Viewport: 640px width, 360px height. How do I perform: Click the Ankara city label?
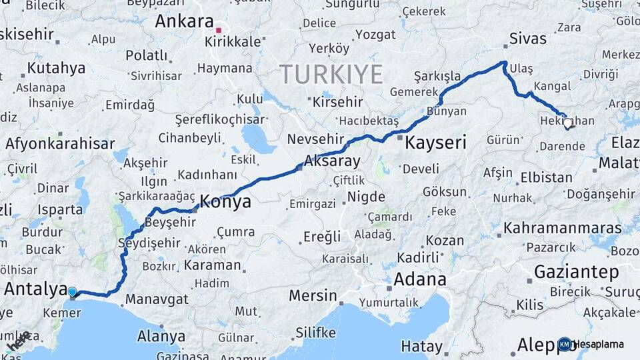click(184, 21)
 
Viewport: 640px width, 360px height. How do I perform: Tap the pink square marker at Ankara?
click(218, 30)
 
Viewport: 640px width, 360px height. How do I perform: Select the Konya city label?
click(226, 201)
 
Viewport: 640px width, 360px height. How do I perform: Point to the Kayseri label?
click(435, 142)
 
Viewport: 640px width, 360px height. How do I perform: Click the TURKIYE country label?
click(331, 73)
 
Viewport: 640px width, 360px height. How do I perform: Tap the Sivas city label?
click(527, 38)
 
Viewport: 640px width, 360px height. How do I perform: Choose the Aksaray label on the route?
click(331, 161)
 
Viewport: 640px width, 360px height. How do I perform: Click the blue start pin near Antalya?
click(72, 291)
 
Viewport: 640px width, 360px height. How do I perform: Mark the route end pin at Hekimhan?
click(567, 123)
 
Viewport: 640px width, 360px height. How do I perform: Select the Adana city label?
click(419, 279)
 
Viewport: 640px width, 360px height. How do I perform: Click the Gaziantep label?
click(577, 272)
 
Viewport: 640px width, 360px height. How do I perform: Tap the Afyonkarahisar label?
click(60, 143)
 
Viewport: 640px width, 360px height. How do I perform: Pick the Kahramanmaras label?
click(563, 228)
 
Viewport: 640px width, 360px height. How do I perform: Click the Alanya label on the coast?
click(161, 336)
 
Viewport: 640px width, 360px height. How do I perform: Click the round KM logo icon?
click(565, 344)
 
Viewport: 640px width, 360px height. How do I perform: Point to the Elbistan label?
click(546, 178)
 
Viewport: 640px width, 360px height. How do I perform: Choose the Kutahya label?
click(57, 68)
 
